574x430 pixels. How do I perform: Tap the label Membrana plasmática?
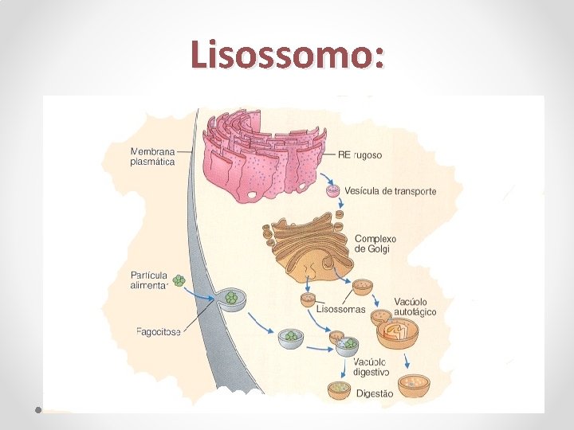(154, 155)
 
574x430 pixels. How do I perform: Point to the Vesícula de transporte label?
(391, 191)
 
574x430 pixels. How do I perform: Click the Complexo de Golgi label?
(375, 244)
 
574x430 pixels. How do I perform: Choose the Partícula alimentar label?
(149, 281)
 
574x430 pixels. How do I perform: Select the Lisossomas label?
(341, 309)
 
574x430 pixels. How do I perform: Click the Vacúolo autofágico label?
(415, 307)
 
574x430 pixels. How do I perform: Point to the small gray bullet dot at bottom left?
(38, 410)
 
